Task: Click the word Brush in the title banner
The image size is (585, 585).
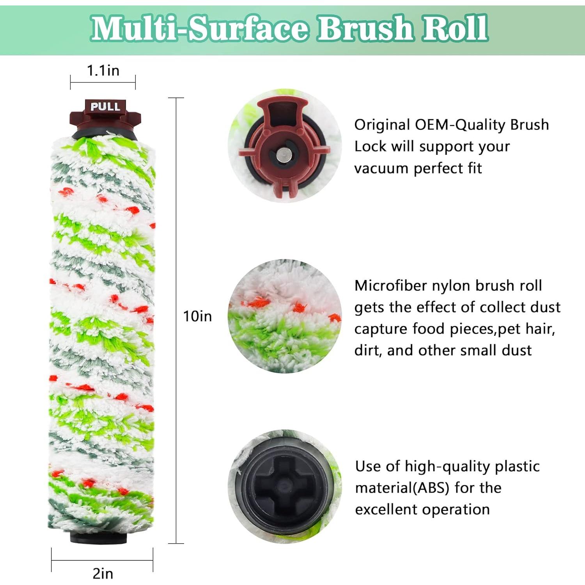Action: pyautogui.click(x=365, y=28)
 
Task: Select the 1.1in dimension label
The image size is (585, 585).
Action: pyautogui.click(x=103, y=71)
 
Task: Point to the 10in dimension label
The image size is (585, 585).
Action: pyautogui.click(x=197, y=316)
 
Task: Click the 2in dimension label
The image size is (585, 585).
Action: pyautogui.click(x=103, y=573)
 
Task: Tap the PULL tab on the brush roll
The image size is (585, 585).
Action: pyautogui.click(x=105, y=106)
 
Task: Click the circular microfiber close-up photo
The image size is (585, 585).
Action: pyautogui.click(x=285, y=316)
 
